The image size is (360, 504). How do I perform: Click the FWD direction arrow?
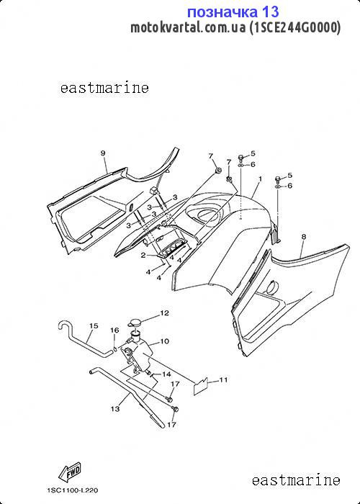70,472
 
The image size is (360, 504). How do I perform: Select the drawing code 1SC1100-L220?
73,490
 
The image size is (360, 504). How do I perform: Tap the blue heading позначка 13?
233,12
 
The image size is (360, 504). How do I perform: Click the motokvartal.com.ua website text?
188,27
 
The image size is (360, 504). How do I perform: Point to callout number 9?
103,153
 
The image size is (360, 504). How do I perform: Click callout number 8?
304,237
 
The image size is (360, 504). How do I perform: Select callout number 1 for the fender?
260,179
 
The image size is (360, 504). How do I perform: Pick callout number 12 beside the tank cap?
165,312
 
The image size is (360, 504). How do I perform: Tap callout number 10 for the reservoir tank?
164,341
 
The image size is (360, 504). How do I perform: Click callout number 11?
223,380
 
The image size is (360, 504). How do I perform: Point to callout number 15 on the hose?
94,326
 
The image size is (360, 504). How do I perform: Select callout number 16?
114,330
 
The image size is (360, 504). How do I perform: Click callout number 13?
115,409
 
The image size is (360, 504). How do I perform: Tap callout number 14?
166,374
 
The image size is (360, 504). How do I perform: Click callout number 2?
143,255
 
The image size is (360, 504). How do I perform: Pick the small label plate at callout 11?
201,385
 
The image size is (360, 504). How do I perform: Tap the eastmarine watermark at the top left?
104,88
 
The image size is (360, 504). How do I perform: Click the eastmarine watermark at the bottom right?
296,480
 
